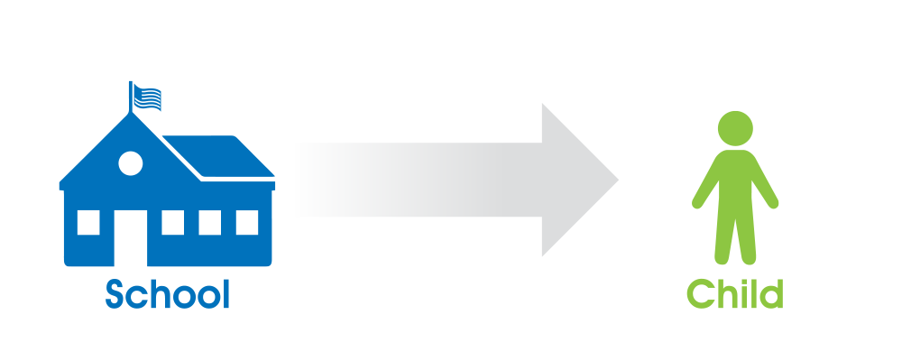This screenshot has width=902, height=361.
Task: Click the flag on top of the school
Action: coord(147,97)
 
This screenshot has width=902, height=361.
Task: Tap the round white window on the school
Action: coord(131,163)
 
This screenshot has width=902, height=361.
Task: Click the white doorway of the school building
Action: coord(131,238)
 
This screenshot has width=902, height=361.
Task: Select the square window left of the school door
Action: coord(88,222)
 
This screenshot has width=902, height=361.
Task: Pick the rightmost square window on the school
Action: coord(247,222)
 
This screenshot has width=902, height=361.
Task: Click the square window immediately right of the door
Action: coord(172,222)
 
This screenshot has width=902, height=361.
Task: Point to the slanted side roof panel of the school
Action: coord(218,156)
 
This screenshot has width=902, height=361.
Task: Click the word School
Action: coord(168,294)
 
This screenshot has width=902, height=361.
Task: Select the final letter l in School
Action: coord(226,294)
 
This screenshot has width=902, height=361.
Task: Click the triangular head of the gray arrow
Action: coord(580,180)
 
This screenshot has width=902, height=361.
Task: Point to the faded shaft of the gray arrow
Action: coord(420,180)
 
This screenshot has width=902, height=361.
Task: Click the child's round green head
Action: coord(735,128)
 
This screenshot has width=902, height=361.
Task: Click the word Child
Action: coord(735,294)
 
